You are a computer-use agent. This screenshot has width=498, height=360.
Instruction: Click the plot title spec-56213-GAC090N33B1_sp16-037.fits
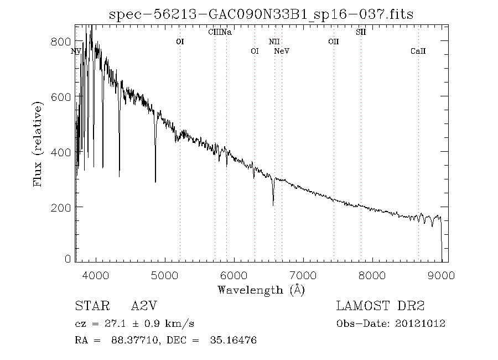tap(262, 14)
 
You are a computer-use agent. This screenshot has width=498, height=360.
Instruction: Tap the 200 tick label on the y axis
tap(64, 207)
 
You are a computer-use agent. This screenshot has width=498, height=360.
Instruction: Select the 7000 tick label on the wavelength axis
tap(303, 275)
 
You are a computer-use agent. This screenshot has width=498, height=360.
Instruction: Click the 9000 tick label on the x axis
tap(442, 275)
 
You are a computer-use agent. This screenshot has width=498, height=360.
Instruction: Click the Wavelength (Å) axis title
tap(261, 289)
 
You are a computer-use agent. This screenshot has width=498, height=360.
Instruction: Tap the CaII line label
tap(418, 52)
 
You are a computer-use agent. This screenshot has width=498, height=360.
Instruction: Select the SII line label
tap(361, 32)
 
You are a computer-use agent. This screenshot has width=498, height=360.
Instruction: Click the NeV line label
tap(282, 52)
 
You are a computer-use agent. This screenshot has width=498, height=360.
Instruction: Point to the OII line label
tap(333, 42)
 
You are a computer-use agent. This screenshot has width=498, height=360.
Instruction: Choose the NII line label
tap(274, 42)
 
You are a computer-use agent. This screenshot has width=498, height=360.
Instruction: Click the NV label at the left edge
tap(76, 52)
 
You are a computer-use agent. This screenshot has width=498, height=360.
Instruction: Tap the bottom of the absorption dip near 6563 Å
tap(273, 205)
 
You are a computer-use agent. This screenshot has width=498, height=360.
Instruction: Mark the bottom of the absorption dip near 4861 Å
tap(155, 181)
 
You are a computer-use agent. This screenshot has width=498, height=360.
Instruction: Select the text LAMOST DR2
tap(380, 306)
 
